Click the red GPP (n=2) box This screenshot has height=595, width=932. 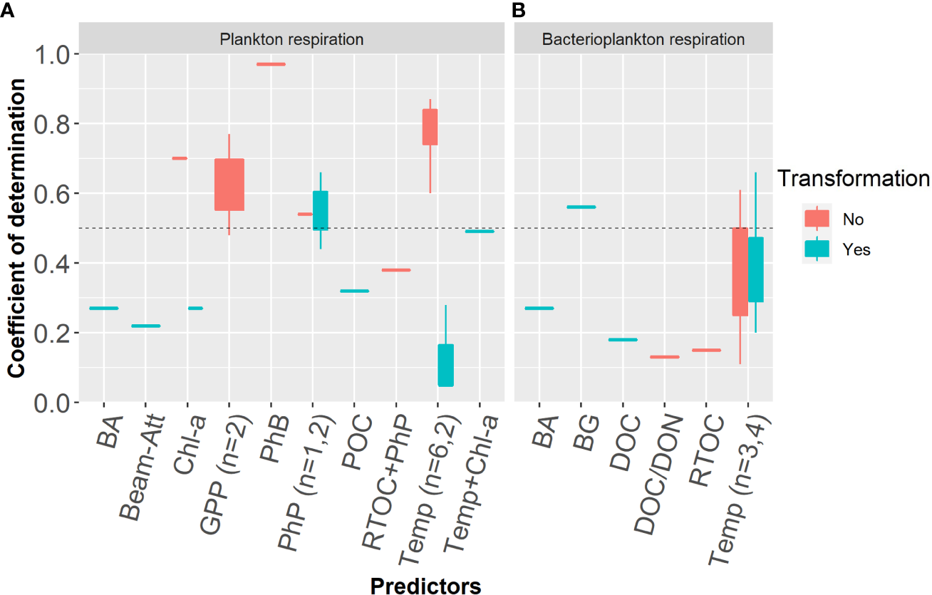229,185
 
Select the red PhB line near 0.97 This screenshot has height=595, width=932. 271,64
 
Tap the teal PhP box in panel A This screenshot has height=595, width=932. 321,211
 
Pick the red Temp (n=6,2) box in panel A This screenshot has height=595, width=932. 430,127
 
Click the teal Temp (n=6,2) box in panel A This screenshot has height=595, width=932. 445,366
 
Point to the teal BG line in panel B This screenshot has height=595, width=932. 581,207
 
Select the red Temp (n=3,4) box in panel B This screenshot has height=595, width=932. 740,271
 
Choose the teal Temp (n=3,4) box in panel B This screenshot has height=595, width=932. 755,269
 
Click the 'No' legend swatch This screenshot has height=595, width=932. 817,218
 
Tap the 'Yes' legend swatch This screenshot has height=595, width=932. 817,249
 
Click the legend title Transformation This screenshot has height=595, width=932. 853,178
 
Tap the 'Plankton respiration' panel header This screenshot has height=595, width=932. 291,39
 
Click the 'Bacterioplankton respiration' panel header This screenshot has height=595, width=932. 643,39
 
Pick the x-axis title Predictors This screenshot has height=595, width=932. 425,586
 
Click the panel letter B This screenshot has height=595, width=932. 519,10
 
